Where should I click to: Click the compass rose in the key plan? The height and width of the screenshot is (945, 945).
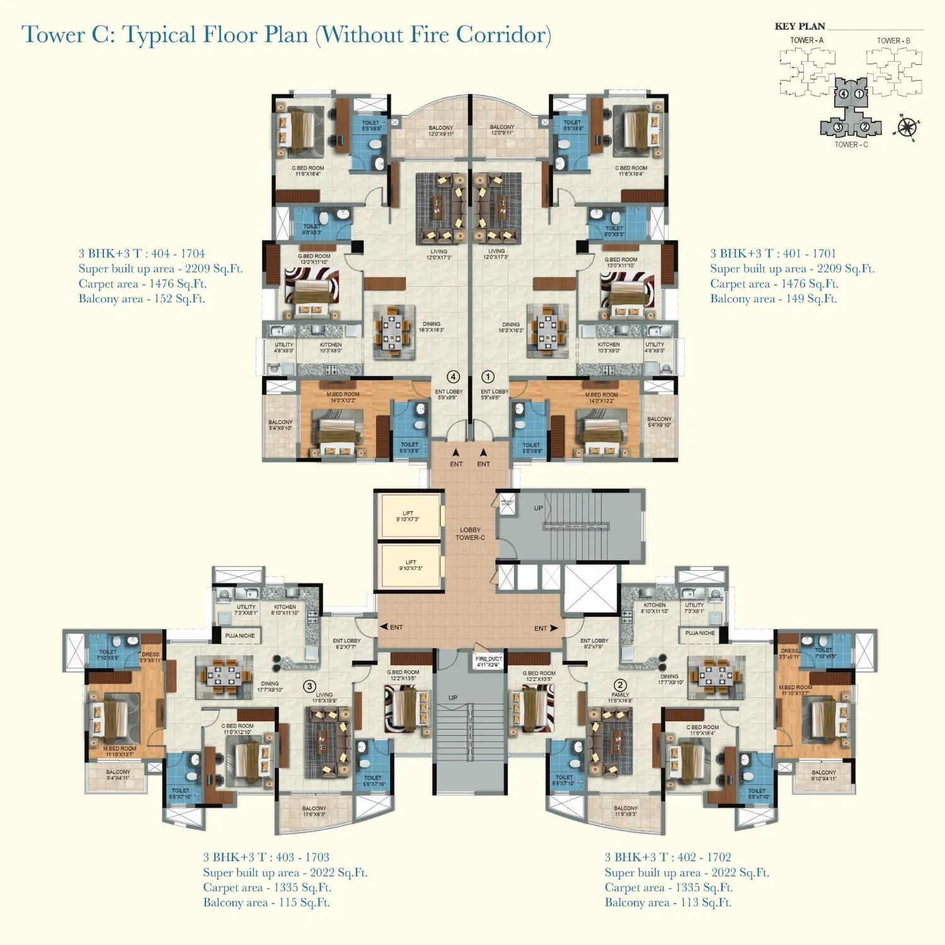click(907, 128)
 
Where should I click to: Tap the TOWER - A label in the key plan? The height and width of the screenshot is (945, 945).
click(806, 40)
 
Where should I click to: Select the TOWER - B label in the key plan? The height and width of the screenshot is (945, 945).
click(893, 41)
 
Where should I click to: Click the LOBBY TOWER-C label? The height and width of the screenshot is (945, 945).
click(470, 534)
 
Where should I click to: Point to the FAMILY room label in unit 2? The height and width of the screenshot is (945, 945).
click(620, 695)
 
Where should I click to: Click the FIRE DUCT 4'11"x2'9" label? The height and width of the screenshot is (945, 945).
click(489, 661)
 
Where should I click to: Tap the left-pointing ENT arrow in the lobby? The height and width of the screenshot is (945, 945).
click(384, 627)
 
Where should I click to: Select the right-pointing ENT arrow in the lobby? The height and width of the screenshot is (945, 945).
click(554, 628)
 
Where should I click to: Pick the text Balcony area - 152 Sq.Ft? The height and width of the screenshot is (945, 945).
click(142, 299)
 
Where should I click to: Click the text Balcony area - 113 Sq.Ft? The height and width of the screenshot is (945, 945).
click(668, 902)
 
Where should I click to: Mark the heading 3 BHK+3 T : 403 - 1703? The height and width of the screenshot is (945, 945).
click(266, 857)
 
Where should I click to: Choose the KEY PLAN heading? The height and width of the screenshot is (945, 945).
click(799, 26)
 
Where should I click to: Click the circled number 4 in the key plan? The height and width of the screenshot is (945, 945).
click(844, 94)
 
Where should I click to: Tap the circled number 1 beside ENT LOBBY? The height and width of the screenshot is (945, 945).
click(488, 377)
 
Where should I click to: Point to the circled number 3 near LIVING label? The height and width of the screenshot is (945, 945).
click(309, 686)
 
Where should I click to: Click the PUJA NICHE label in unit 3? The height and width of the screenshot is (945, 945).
click(240, 636)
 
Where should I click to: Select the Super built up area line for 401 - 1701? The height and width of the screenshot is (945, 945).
click(792, 268)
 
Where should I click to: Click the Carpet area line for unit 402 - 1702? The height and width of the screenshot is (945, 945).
click(668, 887)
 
